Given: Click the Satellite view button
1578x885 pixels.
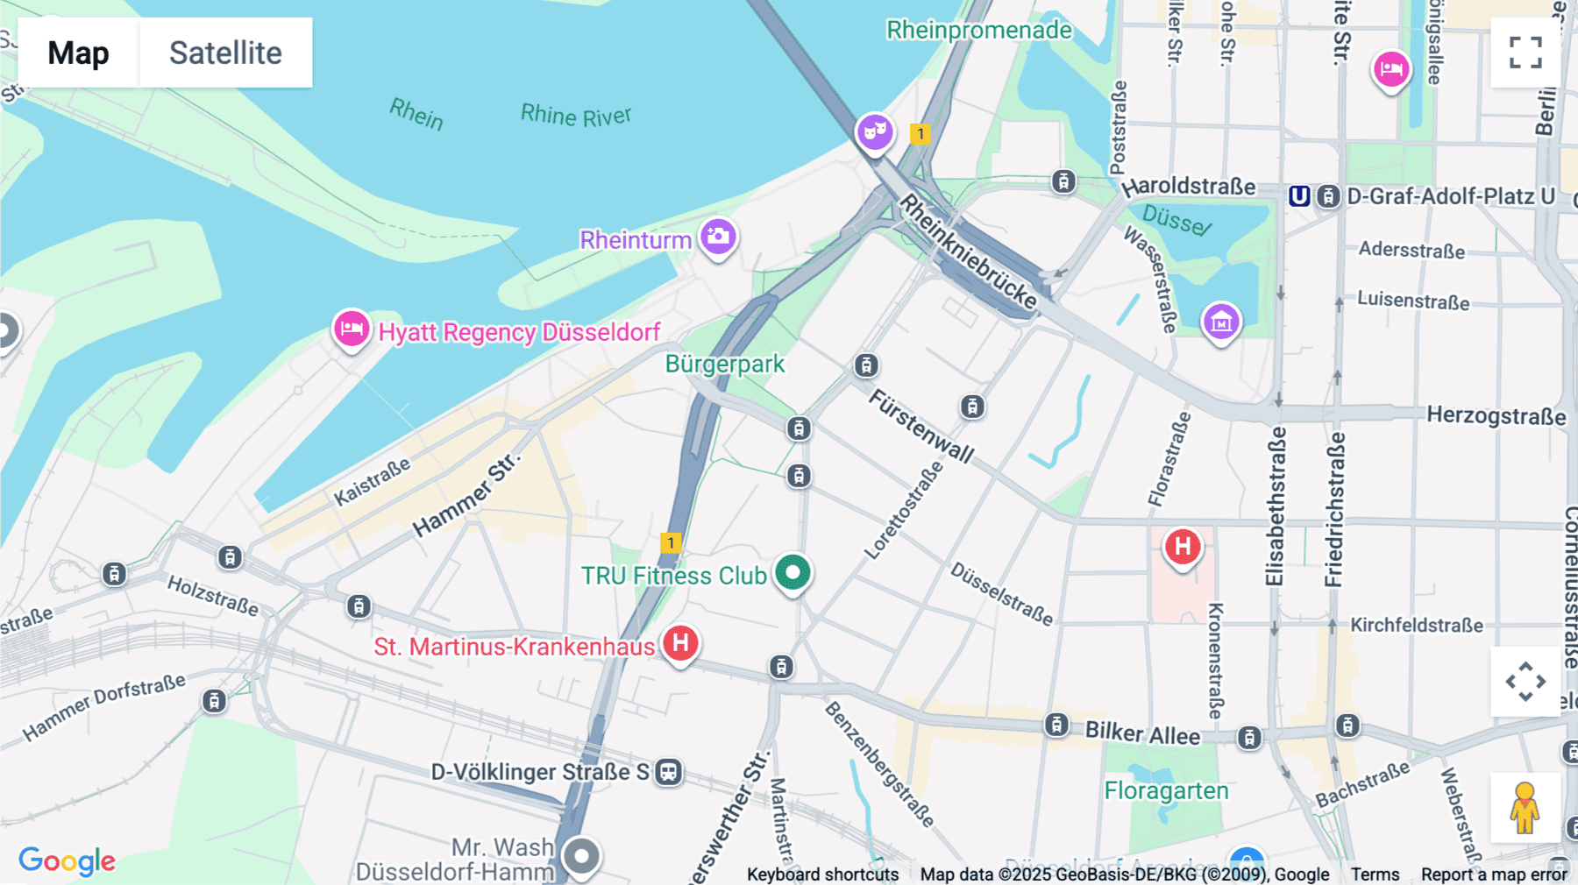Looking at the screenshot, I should (x=225, y=53).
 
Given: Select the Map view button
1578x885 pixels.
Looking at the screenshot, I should (x=78, y=53).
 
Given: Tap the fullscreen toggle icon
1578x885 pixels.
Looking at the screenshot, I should (x=1525, y=53).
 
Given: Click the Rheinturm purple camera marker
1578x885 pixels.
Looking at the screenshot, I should (x=718, y=237).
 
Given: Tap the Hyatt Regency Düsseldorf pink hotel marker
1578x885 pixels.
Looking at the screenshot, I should (x=351, y=329).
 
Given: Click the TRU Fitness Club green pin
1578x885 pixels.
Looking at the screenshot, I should (x=793, y=573).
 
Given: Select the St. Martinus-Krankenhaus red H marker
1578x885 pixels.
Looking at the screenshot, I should (x=680, y=643).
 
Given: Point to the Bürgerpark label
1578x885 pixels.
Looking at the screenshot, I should (x=725, y=364).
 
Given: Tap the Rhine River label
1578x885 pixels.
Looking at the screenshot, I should (x=575, y=115).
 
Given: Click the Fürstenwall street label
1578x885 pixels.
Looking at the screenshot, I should (x=920, y=426).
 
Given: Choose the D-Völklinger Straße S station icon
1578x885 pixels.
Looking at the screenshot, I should (x=669, y=772).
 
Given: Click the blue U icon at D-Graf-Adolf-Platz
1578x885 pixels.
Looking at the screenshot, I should (x=1299, y=196).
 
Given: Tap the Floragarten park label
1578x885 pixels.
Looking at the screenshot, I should (x=1166, y=790).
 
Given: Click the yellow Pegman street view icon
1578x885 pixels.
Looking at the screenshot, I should (x=1525, y=807).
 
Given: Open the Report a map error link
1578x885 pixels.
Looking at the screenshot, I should (x=1494, y=874).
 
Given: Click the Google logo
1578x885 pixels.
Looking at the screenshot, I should (x=67, y=860).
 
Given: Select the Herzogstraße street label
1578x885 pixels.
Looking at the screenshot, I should (x=1496, y=415).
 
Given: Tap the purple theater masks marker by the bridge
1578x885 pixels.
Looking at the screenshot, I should (x=874, y=132).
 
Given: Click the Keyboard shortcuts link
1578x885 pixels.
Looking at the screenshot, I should (x=822, y=874).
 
